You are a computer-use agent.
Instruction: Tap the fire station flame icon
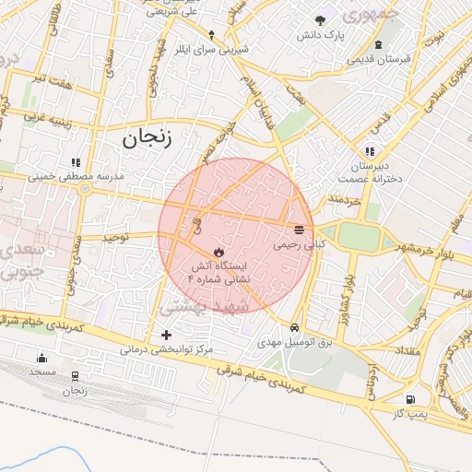click(x=218, y=251)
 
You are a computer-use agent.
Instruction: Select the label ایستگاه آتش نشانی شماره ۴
click(x=218, y=271)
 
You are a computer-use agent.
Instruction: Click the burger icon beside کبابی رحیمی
click(x=300, y=230)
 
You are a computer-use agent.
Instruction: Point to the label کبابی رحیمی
click(x=300, y=246)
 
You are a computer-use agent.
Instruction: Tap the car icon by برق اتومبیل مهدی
click(x=294, y=327)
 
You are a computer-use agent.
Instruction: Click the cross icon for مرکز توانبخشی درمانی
click(x=166, y=335)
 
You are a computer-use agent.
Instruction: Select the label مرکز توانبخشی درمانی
click(x=166, y=350)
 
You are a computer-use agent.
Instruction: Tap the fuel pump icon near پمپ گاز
click(x=409, y=400)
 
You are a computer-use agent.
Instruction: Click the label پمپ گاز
click(x=408, y=416)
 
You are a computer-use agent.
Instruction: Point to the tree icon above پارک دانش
click(x=320, y=20)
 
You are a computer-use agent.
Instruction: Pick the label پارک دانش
click(x=320, y=35)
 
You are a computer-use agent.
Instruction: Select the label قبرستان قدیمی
click(x=378, y=58)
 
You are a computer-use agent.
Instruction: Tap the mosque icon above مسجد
click(x=41, y=359)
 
